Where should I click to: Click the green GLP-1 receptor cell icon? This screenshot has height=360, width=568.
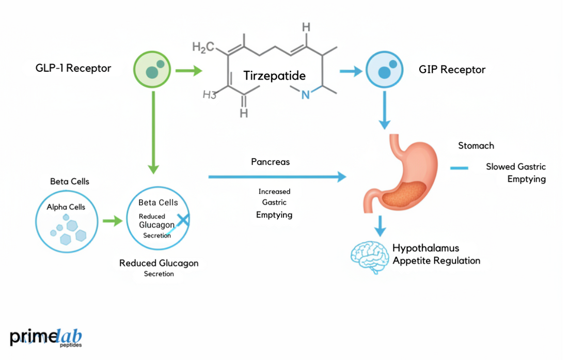coord(153,70)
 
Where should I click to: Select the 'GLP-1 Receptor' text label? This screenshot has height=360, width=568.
coord(73,68)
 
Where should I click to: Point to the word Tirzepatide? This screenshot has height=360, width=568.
coord(274,76)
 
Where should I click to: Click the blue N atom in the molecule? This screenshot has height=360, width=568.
coord(306,95)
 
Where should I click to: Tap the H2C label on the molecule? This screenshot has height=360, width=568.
coord(203,48)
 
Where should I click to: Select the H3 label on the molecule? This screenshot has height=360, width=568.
coord(209,95)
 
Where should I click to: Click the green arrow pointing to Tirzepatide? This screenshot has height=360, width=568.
coord(188,70)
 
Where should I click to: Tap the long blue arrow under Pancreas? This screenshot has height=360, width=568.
coord(277,177)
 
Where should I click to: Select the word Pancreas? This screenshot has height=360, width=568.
coord(270,162)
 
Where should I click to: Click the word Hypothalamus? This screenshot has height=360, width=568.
coord(425,248)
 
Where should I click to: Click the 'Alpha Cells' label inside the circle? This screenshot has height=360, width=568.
coord(66,207)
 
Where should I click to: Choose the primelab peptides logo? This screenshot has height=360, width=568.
coord(45,337)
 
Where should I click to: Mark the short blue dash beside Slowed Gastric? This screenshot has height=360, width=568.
coord(459,168)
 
